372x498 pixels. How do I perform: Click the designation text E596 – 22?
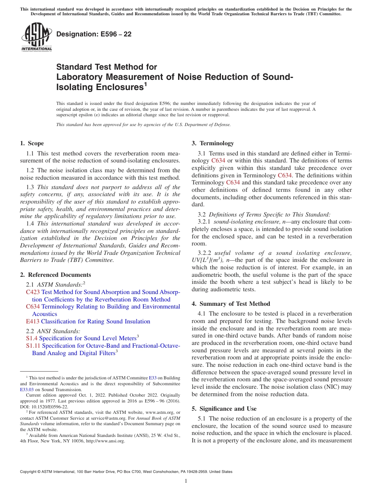coord(94,34)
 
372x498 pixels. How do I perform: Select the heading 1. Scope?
coord(32,143)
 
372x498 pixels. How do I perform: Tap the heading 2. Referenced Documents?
coord(56,275)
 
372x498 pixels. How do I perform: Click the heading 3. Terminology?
coord(213,143)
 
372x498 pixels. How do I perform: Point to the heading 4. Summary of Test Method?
coord(231,304)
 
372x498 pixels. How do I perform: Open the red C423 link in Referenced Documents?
coord(33,292)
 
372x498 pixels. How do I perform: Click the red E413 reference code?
coord(33,321)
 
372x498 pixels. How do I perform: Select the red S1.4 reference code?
coord(32,338)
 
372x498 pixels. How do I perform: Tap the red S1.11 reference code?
coord(33,346)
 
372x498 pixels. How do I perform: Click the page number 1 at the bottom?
coord(186,481)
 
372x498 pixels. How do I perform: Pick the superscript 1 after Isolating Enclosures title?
coord(145,84)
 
